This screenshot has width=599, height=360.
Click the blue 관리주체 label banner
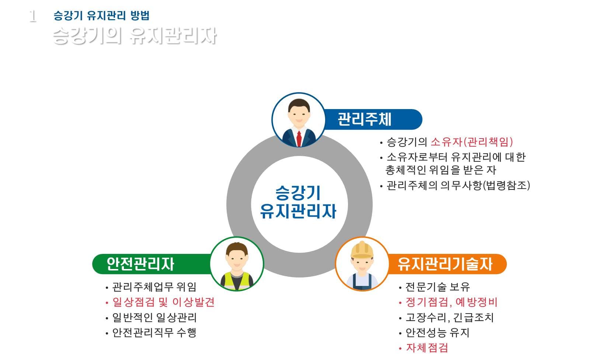pos(372,119)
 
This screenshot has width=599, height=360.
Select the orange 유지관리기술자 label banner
pos(446,264)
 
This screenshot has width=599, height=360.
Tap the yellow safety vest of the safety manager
pos(237,281)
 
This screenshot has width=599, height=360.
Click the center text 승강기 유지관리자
pos(299,202)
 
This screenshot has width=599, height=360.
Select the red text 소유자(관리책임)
pos(472,142)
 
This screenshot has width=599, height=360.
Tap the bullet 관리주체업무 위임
pos(154,287)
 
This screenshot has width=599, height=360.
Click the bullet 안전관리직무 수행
pos(154,333)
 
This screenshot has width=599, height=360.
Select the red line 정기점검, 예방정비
pos(451,302)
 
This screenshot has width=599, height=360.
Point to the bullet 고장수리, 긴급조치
pos(449,317)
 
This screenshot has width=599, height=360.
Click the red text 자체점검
pos(427,347)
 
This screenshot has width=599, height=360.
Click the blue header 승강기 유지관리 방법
pos(101,15)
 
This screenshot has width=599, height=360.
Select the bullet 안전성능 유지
pos(437,333)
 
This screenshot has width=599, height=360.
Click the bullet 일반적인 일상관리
pos(154,317)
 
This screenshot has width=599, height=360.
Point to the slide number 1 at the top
pos(33,16)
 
